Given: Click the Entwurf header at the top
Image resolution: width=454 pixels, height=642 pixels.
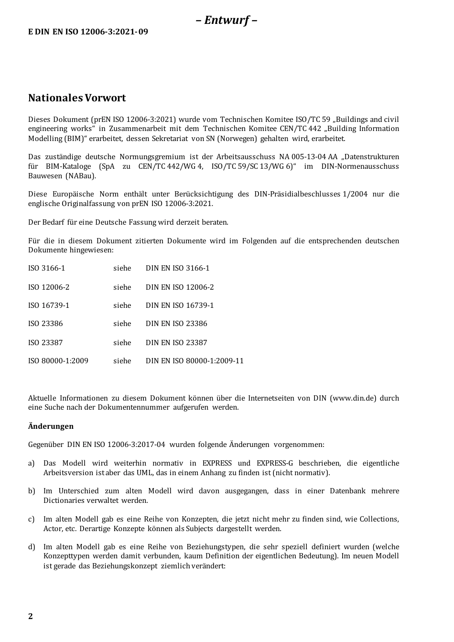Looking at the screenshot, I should coord(227,20).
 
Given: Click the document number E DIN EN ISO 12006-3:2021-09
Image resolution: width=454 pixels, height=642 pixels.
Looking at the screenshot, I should coord(88,32).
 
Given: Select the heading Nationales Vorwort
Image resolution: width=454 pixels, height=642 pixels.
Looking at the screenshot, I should coord(77,98).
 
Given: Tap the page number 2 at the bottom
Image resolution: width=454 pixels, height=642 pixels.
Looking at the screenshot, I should coord(31,616).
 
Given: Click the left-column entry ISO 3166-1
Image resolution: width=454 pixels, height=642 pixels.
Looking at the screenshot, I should coord(46,268).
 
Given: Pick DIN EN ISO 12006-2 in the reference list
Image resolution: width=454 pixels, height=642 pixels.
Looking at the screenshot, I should coord(180,287).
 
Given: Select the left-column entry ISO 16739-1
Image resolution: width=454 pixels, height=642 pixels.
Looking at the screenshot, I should coord(49,305).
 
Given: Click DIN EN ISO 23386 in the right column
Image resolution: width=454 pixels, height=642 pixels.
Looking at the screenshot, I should coord(176,324).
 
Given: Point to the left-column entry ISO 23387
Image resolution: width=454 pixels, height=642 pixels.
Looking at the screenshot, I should coord(45,343).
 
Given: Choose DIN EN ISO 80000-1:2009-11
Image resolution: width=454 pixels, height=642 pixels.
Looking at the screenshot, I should coord(195,361).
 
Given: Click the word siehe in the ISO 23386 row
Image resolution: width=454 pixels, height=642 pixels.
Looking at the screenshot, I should coord(122,324).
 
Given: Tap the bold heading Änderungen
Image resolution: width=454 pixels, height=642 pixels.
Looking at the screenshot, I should coord(51,426).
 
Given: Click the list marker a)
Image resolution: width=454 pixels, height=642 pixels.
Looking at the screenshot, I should coord(32,463).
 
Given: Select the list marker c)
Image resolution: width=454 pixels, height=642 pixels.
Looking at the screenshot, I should coord(32,519).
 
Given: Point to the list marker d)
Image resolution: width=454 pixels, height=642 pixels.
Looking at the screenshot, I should coord(32,547).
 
